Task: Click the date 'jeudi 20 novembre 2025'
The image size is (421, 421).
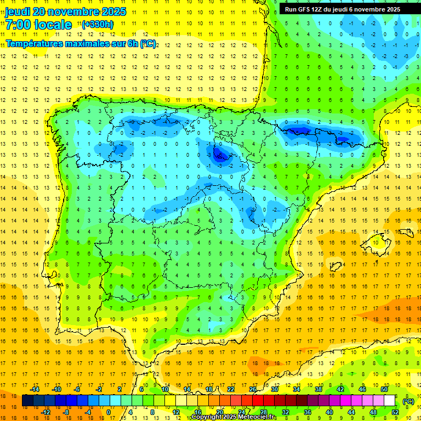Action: pyautogui.click(x=66, y=12)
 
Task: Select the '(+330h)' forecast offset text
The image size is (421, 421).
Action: pyautogui.click(x=97, y=24)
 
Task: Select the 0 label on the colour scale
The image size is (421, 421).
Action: pyautogui.click(x=109, y=412)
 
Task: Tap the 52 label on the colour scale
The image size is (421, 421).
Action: pyautogui.click(x=395, y=412)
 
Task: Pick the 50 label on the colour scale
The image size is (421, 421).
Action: pyautogui.click(x=384, y=389)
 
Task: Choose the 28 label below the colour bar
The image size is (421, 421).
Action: pyautogui.click(x=263, y=412)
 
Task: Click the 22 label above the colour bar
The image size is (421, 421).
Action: pyautogui.click(x=230, y=389)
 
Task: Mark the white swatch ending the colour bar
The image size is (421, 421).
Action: pyautogui.click(x=389, y=401)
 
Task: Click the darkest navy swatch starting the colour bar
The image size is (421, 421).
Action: pyautogui.click(x=27, y=401)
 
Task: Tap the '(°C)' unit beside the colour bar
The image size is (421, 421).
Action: pyautogui.click(x=408, y=401)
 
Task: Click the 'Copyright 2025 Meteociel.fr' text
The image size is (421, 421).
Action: pyautogui.click(x=234, y=417)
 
